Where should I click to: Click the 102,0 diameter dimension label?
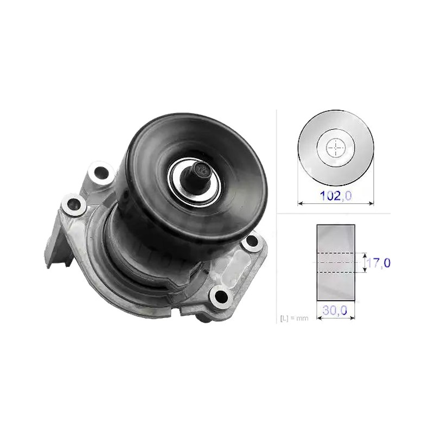pos(336,196)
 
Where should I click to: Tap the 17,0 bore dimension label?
pos(378,263)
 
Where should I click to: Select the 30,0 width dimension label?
pos(335,310)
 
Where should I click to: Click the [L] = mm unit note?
pos(294,318)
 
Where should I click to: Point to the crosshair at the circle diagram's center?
pos(336,148)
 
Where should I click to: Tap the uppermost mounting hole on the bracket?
pos(101,173)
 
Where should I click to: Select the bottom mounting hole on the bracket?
pos(221,296)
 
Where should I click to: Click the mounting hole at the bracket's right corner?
pos(252,240)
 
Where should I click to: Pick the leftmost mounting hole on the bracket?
pos(74,205)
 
